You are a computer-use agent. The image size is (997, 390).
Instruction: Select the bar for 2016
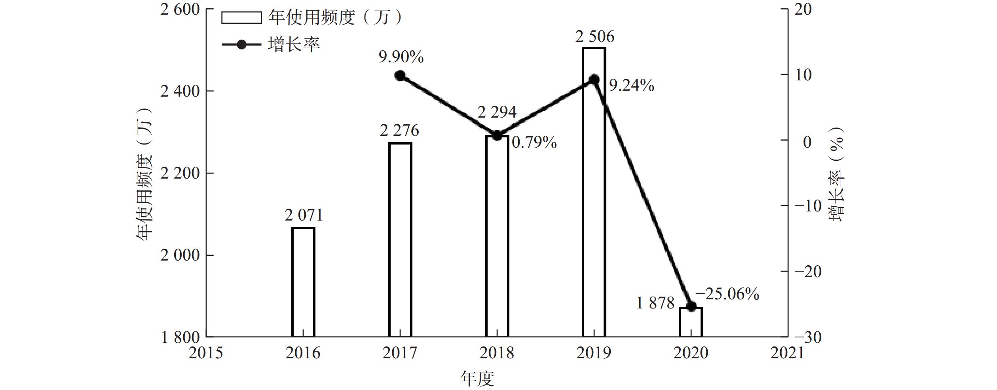pyautogui.click(x=303, y=282)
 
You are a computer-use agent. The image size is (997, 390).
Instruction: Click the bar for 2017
pyautogui.click(x=400, y=240)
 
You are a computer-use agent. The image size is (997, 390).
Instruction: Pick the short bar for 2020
pyautogui.click(x=691, y=322)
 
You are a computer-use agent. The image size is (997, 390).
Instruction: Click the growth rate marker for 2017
pyautogui.click(x=400, y=76)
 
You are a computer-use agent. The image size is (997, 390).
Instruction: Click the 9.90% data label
pyautogui.click(x=401, y=57)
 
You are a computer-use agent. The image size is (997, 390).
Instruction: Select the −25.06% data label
pyautogui.click(x=727, y=294)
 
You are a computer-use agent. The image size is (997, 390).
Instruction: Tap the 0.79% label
pyautogui.click(x=534, y=143)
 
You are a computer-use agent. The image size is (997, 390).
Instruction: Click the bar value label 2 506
pyautogui.click(x=594, y=37)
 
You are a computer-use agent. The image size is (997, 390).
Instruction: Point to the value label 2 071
pyautogui.click(x=304, y=215)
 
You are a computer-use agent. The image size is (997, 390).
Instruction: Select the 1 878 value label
pyautogui.click(x=655, y=303)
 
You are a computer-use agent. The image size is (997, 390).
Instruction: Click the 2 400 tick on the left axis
pyautogui.click(x=180, y=91)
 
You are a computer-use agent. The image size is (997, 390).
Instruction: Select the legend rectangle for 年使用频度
pyautogui.click(x=241, y=18)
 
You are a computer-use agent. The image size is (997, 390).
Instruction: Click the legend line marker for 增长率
pyautogui.click(x=241, y=44)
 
